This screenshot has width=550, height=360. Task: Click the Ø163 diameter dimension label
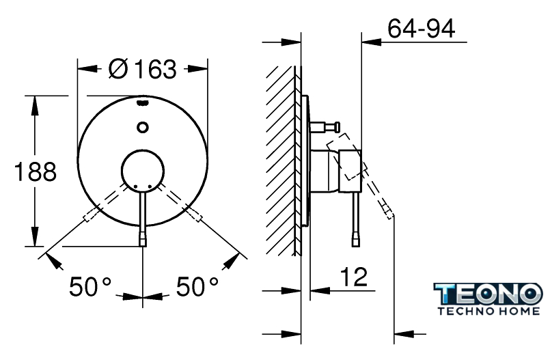(x=142, y=69)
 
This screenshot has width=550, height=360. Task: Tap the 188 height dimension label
(x=35, y=171)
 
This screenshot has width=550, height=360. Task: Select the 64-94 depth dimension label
(x=422, y=29)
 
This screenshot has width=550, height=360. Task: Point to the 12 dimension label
(x=354, y=276)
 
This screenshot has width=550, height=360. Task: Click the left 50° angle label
(x=90, y=286)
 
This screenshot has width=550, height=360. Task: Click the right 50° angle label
(x=197, y=286)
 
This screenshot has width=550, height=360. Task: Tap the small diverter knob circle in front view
(x=142, y=127)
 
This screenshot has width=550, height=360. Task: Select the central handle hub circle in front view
(x=142, y=171)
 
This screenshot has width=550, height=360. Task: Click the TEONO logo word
(x=488, y=294)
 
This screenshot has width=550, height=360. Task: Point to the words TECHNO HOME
(x=489, y=311)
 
